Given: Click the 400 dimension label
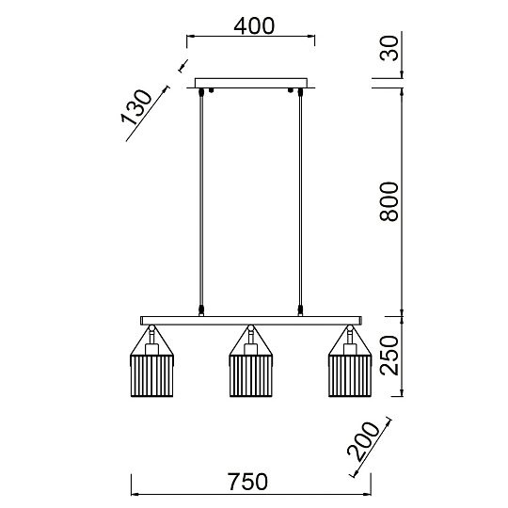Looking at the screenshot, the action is click(254, 26).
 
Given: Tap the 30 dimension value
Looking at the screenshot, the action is click(389, 48).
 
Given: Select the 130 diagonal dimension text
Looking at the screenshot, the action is click(136, 107).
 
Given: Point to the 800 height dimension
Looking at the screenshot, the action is click(389, 201).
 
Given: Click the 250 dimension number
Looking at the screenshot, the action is click(389, 356).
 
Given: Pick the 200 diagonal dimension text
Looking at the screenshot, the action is click(363, 441).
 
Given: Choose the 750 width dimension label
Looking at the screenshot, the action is click(247, 482).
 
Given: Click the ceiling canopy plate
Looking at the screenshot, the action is click(251, 83).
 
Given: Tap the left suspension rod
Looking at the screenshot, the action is click(201, 201).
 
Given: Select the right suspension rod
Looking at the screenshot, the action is click(300, 201).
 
